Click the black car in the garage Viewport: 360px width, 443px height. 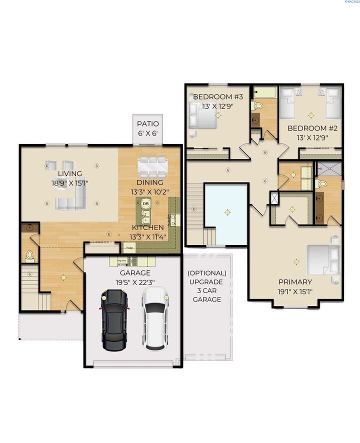[x=114, y=319]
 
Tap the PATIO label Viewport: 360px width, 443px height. [x=148, y=123]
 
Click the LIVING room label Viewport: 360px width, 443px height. [x=69, y=173]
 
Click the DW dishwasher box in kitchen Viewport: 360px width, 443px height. [x=146, y=203]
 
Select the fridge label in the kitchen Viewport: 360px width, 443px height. [x=130, y=247]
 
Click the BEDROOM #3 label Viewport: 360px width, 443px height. [x=218, y=96]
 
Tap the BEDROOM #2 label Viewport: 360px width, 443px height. [x=312, y=128]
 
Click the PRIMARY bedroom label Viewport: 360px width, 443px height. [x=295, y=282]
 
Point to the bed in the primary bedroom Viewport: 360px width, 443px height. [x=322, y=260]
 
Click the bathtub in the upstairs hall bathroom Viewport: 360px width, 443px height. [x=264, y=92]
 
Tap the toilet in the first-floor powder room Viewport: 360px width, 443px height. [x=29, y=256]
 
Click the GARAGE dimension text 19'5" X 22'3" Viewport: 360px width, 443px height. [x=135, y=282]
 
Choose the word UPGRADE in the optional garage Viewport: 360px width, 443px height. [x=207, y=282]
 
